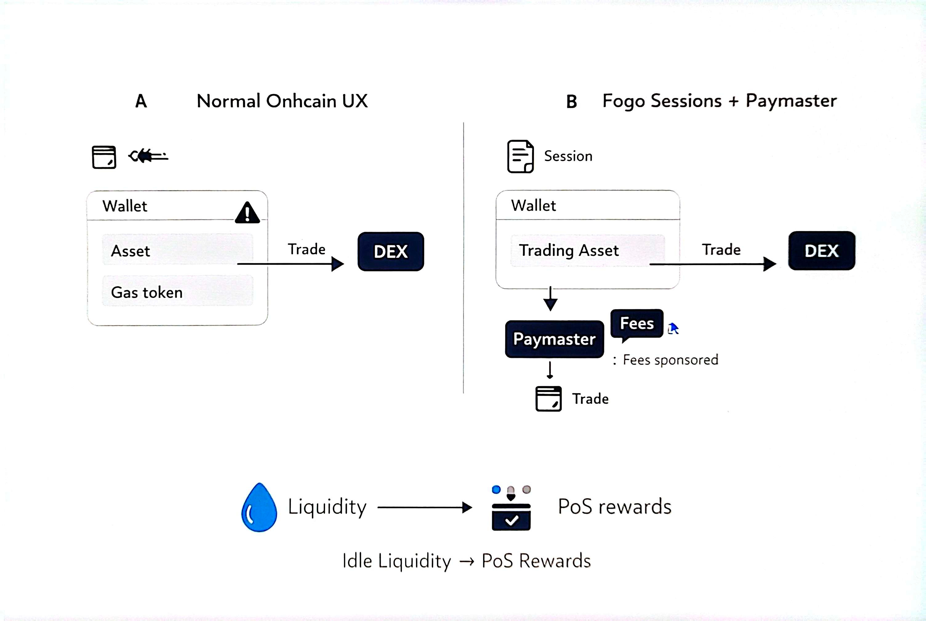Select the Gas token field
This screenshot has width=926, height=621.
click(177, 292)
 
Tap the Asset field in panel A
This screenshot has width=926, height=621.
click(177, 250)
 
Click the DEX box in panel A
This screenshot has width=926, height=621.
click(391, 251)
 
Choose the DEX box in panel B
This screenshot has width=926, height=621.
click(821, 251)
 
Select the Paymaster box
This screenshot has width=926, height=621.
click(554, 339)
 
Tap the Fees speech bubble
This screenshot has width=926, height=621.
click(637, 324)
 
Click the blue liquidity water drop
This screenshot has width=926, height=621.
click(259, 508)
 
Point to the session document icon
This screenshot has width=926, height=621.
click(520, 156)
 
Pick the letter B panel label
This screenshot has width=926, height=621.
click(571, 102)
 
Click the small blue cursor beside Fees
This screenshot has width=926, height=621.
click(673, 329)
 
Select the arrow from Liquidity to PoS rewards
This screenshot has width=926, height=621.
click(424, 507)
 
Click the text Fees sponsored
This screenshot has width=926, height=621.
click(670, 360)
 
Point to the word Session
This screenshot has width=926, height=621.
click(568, 156)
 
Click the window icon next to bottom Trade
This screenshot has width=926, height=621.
click(548, 398)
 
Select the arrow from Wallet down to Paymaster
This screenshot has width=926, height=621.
click(550, 299)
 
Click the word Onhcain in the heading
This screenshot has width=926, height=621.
click(301, 101)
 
